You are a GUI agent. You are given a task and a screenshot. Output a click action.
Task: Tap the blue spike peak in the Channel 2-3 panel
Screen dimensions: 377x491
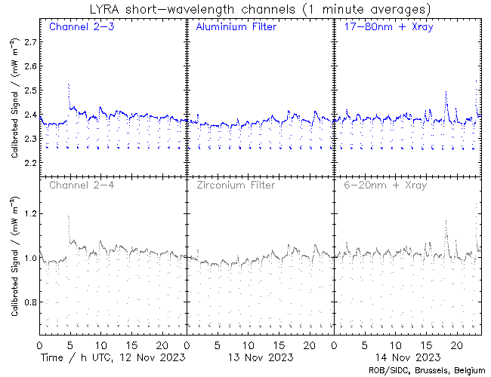[68, 84]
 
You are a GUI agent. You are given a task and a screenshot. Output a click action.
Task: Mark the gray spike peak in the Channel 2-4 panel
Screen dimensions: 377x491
[68, 216]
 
